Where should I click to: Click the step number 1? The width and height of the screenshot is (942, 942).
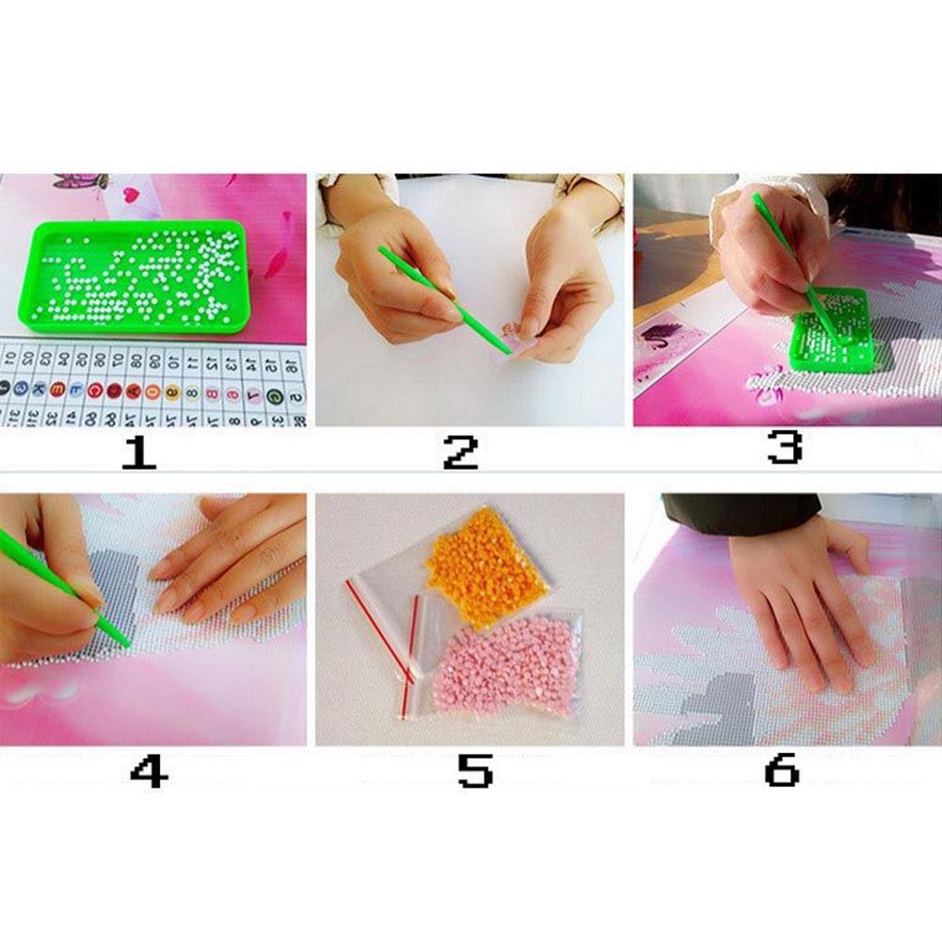coord(138,453)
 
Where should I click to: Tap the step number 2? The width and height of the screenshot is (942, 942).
coord(460,453)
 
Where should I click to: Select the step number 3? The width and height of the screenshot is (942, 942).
coord(784,448)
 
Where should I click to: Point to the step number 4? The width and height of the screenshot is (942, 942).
coord(149,772)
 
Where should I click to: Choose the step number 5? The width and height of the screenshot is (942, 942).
coord(474,772)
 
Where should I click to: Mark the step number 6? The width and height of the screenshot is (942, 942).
coord(781,772)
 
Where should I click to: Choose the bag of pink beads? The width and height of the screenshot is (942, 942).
coord(503,663)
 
